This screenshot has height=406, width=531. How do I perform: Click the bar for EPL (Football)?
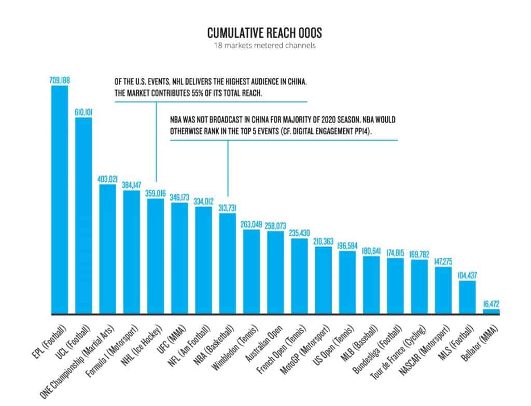click(x=60, y=200)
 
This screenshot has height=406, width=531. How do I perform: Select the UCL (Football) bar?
click(x=83, y=215)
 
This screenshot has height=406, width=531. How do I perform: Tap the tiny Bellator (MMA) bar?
click(x=491, y=312)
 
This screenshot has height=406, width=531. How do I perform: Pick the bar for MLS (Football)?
click(x=467, y=297)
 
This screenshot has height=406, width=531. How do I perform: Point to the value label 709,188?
click(x=60, y=80)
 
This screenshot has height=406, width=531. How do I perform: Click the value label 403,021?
click(x=107, y=179)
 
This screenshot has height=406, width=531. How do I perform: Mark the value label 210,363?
click(x=324, y=241)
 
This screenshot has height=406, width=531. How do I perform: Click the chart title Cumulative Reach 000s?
click(x=264, y=33)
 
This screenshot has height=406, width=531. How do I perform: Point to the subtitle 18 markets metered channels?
click(x=264, y=46)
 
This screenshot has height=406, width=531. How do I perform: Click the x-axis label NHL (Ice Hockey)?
click(x=143, y=343)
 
